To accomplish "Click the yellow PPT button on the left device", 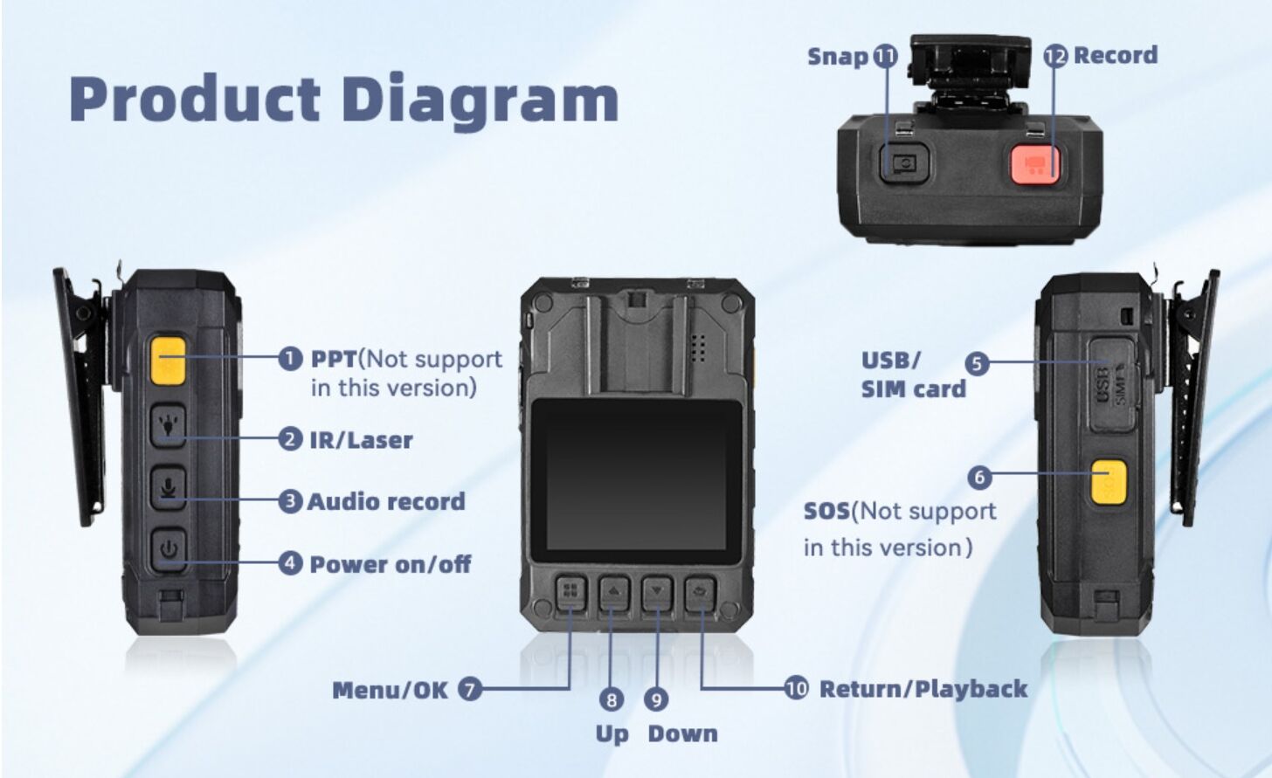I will pos(167,361).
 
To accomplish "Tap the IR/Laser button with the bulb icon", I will pos(168,426).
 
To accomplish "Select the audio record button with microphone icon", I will pos(168,488).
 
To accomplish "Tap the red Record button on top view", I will pos(1035,163).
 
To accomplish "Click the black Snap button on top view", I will pos(904,162).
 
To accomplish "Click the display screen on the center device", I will pos(636,479).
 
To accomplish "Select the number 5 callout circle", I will pos(977,363).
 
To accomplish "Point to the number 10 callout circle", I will pos(796,689).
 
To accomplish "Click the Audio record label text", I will pos(386,502).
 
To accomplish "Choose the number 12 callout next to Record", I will pos(1055,56).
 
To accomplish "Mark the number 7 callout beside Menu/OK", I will pos(470,690).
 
